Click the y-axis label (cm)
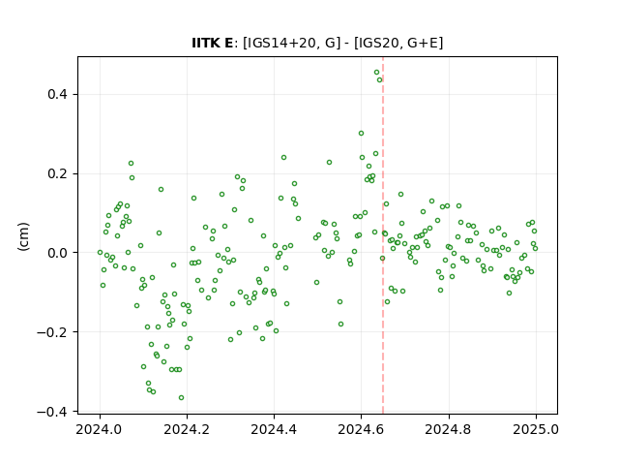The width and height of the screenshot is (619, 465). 23,236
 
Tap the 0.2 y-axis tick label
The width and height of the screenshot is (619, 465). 58,173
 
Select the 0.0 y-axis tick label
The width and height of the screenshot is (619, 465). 58,253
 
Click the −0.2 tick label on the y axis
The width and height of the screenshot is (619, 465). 53,332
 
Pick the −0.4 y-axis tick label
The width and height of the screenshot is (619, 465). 53,412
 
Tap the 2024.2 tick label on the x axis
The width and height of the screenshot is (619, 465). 187,429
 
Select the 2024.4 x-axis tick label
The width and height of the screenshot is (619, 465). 274,429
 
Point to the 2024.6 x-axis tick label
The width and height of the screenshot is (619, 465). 361,429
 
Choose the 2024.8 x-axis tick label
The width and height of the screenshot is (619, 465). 448,429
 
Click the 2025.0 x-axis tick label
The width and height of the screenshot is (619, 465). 536,429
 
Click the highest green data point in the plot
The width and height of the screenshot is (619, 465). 376,73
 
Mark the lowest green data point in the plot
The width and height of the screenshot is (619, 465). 181,398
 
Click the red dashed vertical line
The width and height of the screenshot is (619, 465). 383,235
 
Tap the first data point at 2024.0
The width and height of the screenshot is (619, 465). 100,252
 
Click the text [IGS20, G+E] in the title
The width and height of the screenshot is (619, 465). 398,43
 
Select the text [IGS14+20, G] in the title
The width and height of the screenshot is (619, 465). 291,43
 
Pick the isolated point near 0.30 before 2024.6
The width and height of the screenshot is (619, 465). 361,134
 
